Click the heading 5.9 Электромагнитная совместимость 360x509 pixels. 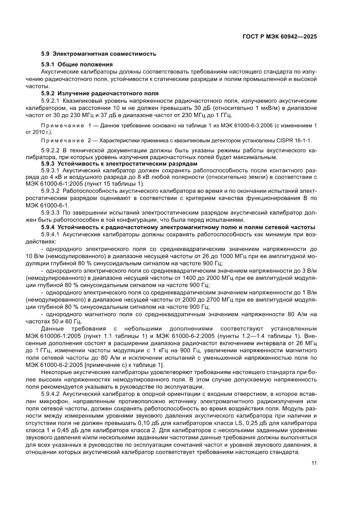[x=98, y=54]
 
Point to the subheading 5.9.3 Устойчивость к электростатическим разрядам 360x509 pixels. [x=113, y=163]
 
